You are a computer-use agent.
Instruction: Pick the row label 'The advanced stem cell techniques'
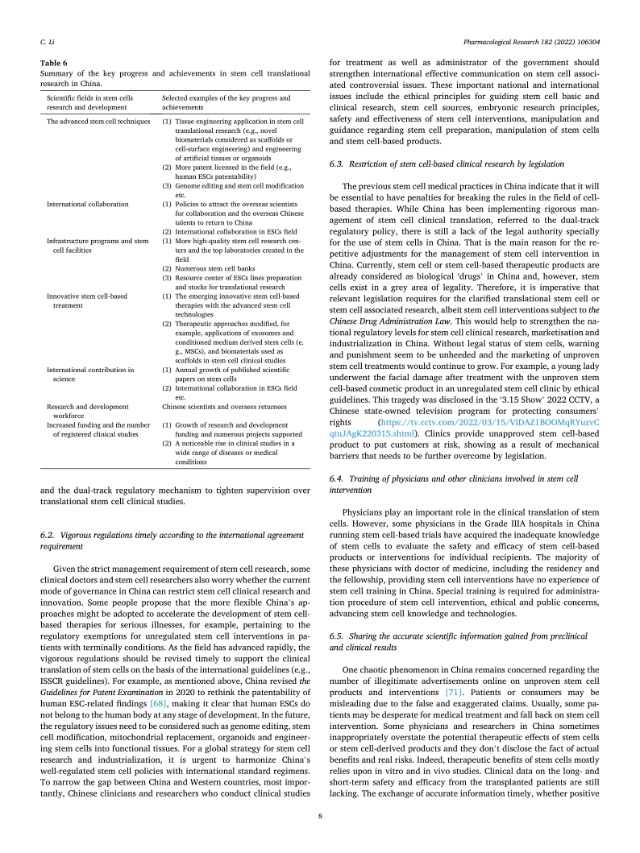[x=98, y=122]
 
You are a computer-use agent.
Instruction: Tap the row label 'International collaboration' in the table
[x=88, y=205]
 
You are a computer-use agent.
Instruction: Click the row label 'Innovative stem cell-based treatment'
[x=87, y=301]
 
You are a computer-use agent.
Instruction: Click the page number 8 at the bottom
[x=320, y=816]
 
